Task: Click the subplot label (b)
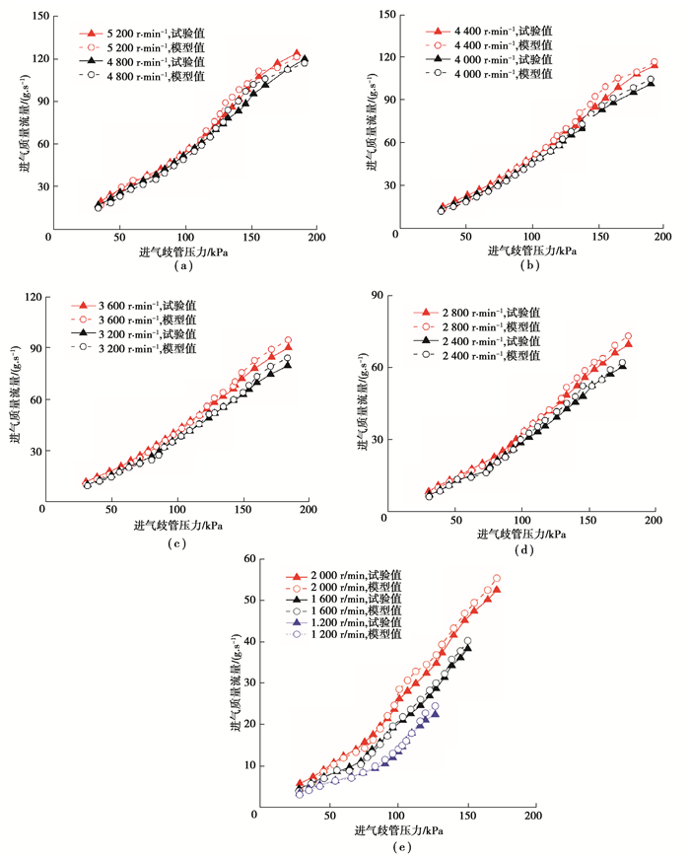click(532, 266)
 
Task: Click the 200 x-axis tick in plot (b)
click(662, 237)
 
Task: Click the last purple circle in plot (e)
click(435, 706)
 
